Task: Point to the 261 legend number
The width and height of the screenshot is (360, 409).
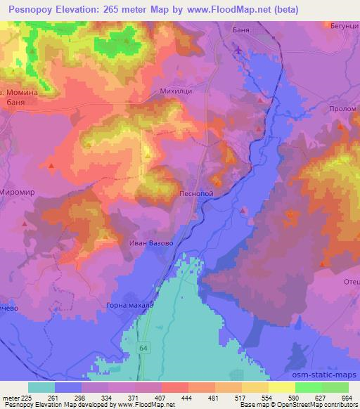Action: (x=62, y=397)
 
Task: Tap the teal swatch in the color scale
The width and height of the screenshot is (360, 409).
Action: (x=41, y=387)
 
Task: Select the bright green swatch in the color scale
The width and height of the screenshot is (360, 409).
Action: (x=308, y=387)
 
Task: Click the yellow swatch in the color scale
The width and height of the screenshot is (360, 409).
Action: (x=281, y=387)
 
